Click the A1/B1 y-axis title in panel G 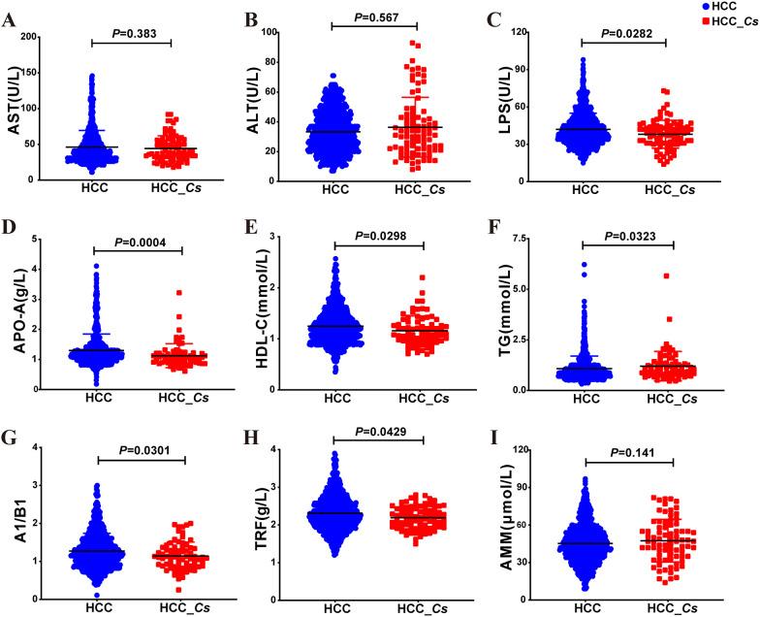[x=16, y=511]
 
